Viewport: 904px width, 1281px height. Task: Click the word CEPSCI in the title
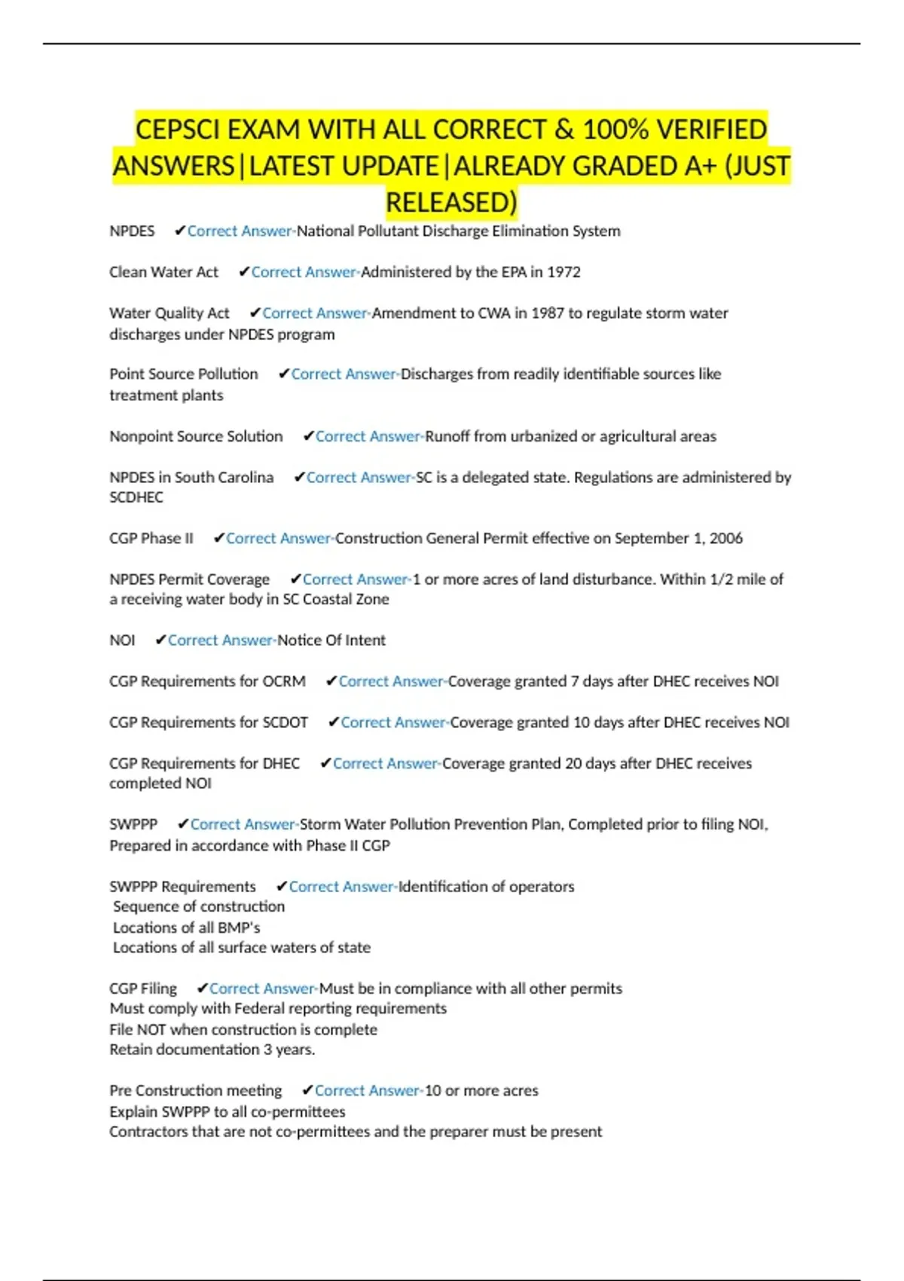[178, 130]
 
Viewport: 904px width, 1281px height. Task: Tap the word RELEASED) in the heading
[451, 202]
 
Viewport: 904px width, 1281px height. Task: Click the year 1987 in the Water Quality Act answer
[548, 313]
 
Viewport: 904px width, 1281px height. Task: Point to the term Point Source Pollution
[183, 374]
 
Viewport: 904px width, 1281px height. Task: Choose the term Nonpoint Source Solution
[196, 436]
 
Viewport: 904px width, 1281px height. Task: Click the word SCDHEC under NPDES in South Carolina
[136, 497]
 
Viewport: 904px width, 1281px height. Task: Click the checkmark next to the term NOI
[160, 640]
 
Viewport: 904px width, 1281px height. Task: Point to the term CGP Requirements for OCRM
[207, 681]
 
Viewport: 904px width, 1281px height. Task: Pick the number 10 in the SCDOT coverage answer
[582, 722]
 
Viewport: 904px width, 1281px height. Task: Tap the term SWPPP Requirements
[182, 886]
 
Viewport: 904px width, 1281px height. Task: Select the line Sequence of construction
[199, 906]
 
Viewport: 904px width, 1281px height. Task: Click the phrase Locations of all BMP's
[186, 928]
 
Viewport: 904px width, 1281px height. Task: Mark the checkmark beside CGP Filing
[202, 988]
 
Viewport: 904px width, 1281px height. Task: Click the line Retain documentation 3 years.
[212, 1049]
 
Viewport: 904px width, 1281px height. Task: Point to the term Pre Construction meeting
[195, 1090]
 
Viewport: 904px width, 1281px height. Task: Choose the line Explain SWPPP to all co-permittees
[228, 1111]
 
